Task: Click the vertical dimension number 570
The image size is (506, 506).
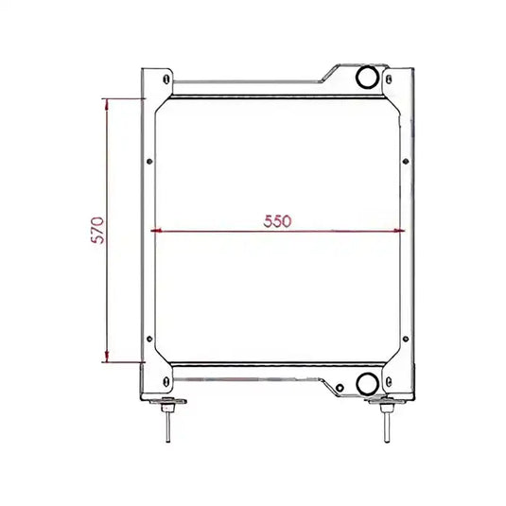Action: (96, 230)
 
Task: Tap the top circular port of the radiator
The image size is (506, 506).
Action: (366, 76)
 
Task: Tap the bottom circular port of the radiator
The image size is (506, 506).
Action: (366, 383)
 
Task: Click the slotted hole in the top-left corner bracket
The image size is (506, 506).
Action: (166, 79)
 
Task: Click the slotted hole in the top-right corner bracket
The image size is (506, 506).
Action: (390, 79)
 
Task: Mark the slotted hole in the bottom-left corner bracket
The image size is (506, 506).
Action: (166, 380)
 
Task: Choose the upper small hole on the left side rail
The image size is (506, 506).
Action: (148, 159)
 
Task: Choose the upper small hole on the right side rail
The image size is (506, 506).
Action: (407, 159)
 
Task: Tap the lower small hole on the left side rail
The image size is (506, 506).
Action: (148, 339)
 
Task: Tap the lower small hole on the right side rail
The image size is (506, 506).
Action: (407, 339)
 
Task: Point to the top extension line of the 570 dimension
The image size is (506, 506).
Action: (123, 98)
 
